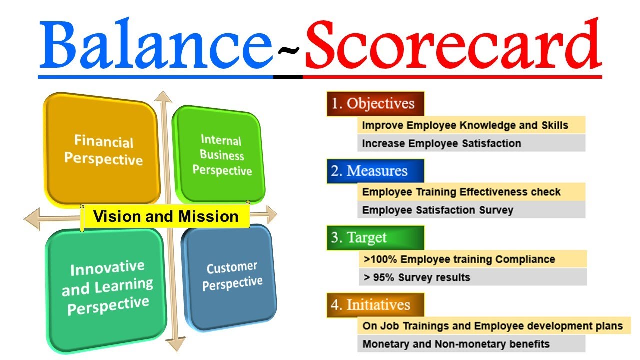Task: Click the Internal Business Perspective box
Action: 220,155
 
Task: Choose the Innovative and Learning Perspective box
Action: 107,287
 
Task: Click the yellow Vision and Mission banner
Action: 165,217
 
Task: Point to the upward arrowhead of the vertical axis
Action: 162,97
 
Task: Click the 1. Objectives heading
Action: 375,104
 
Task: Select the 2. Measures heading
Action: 375,171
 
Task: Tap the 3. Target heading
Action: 375,238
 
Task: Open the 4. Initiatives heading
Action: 375,305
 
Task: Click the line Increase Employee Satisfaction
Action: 441,144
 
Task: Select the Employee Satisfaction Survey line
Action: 437,210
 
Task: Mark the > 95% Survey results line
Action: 417,277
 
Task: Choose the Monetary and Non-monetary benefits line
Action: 456,344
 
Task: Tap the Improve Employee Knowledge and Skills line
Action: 465,125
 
